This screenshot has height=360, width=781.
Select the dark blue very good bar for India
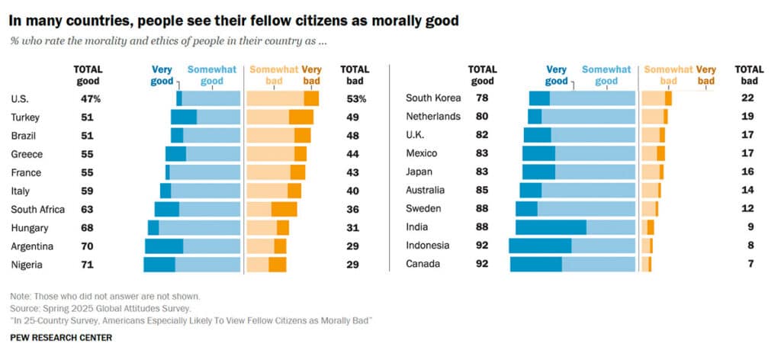point(550,227)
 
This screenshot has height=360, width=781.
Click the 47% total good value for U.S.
point(91,98)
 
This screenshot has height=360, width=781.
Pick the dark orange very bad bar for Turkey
point(301,117)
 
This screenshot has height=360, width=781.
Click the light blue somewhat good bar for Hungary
point(199,227)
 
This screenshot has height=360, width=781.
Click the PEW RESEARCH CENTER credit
point(61,337)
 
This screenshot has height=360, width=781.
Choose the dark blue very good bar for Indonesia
point(539,246)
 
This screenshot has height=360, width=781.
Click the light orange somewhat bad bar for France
point(268,172)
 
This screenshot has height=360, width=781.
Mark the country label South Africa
point(38,209)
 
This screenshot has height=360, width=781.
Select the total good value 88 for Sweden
point(481,209)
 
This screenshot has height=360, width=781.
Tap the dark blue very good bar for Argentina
point(164,246)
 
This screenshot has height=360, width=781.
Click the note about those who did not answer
point(105,296)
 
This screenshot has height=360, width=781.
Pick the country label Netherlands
point(433,117)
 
